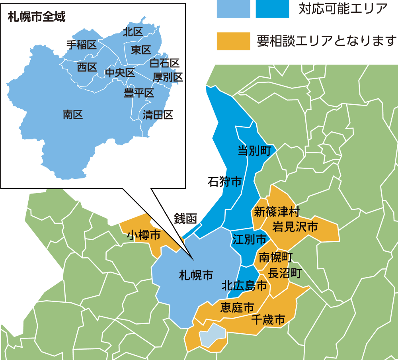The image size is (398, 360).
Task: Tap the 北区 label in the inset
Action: (133, 32)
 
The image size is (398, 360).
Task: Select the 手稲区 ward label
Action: (82, 45)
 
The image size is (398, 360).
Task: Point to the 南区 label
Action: (73, 115)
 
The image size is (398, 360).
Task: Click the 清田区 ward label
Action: (158, 115)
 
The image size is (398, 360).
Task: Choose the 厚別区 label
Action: (168, 77)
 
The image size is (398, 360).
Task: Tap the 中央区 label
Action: (120, 73)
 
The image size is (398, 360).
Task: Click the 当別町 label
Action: (254, 151)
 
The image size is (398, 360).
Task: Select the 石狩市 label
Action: (225, 182)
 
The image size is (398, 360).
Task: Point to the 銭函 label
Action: (186, 218)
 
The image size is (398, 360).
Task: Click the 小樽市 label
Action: (144, 235)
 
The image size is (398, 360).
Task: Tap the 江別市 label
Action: (250, 239)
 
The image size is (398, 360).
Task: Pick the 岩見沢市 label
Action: (295, 227)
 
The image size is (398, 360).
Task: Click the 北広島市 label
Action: (244, 285)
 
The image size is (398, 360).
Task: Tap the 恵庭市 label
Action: (237, 307)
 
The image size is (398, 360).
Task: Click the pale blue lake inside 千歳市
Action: (212, 335)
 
